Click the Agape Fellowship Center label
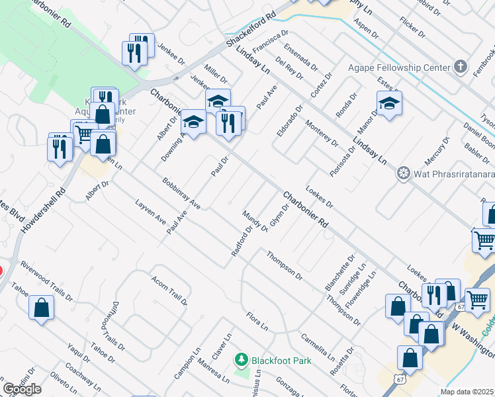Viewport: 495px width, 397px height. pos(398,67)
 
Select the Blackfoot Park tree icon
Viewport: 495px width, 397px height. pos(242,360)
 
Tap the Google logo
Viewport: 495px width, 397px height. pos(22,388)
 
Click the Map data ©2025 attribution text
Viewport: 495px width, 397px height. pos(467,392)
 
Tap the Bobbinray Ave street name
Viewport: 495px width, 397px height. pos(181,193)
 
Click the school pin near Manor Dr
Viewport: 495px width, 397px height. pos(389,103)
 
